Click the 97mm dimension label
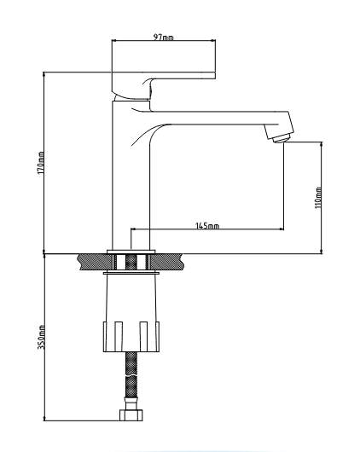click(x=163, y=37)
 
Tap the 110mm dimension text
click(x=318, y=197)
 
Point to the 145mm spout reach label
click(x=207, y=226)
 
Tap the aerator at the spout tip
click(x=281, y=135)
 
